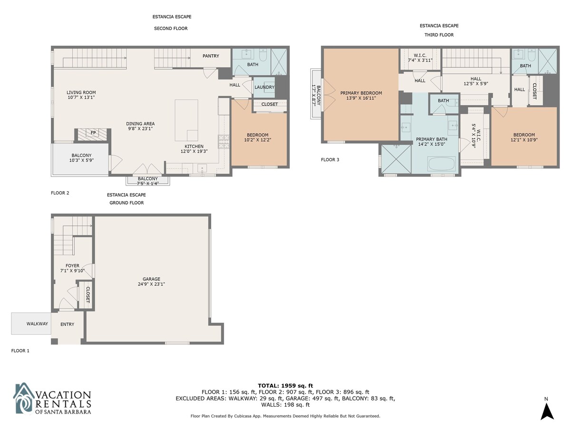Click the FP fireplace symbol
point(93,135)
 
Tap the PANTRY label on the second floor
point(211,56)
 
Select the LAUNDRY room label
point(264,87)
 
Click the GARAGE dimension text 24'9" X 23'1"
point(151,284)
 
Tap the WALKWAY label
point(37,323)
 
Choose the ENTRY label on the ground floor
point(68,324)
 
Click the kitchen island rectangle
point(186,120)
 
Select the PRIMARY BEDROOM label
point(361,93)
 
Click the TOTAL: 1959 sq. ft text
point(285,386)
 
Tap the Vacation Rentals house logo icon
point(24,398)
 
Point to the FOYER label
point(72,265)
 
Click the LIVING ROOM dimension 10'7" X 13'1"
point(81,97)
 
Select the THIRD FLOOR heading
point(439,35)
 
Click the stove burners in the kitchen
point(224,142)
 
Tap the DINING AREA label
point(140,124)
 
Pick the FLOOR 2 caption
point(60,193)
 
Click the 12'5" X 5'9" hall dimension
point(476,84)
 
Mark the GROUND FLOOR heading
point(127,203)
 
